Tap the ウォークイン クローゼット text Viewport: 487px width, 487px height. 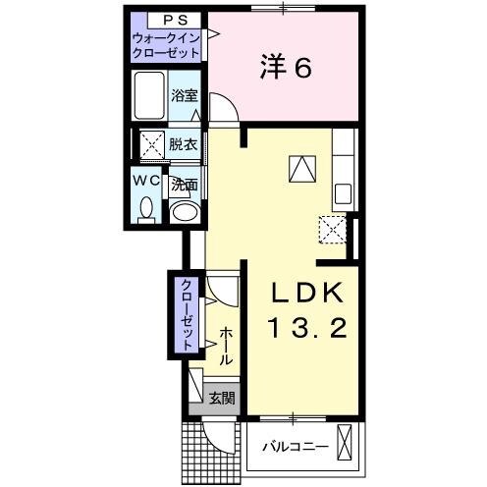(166, 45)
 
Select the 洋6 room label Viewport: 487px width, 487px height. (286, 68)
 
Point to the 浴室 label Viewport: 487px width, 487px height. (184, 95)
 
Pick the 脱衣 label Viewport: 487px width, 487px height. (182, 143)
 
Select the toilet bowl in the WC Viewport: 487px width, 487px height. (147, 209)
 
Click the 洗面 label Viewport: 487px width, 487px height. (184, 184)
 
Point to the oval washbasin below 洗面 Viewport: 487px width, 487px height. (184, 212)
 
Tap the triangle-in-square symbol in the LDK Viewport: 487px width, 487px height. (300, 169)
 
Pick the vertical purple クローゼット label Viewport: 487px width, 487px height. (185, 314)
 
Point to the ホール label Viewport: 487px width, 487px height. (226, 345)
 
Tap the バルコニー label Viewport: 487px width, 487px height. (294, 447)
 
